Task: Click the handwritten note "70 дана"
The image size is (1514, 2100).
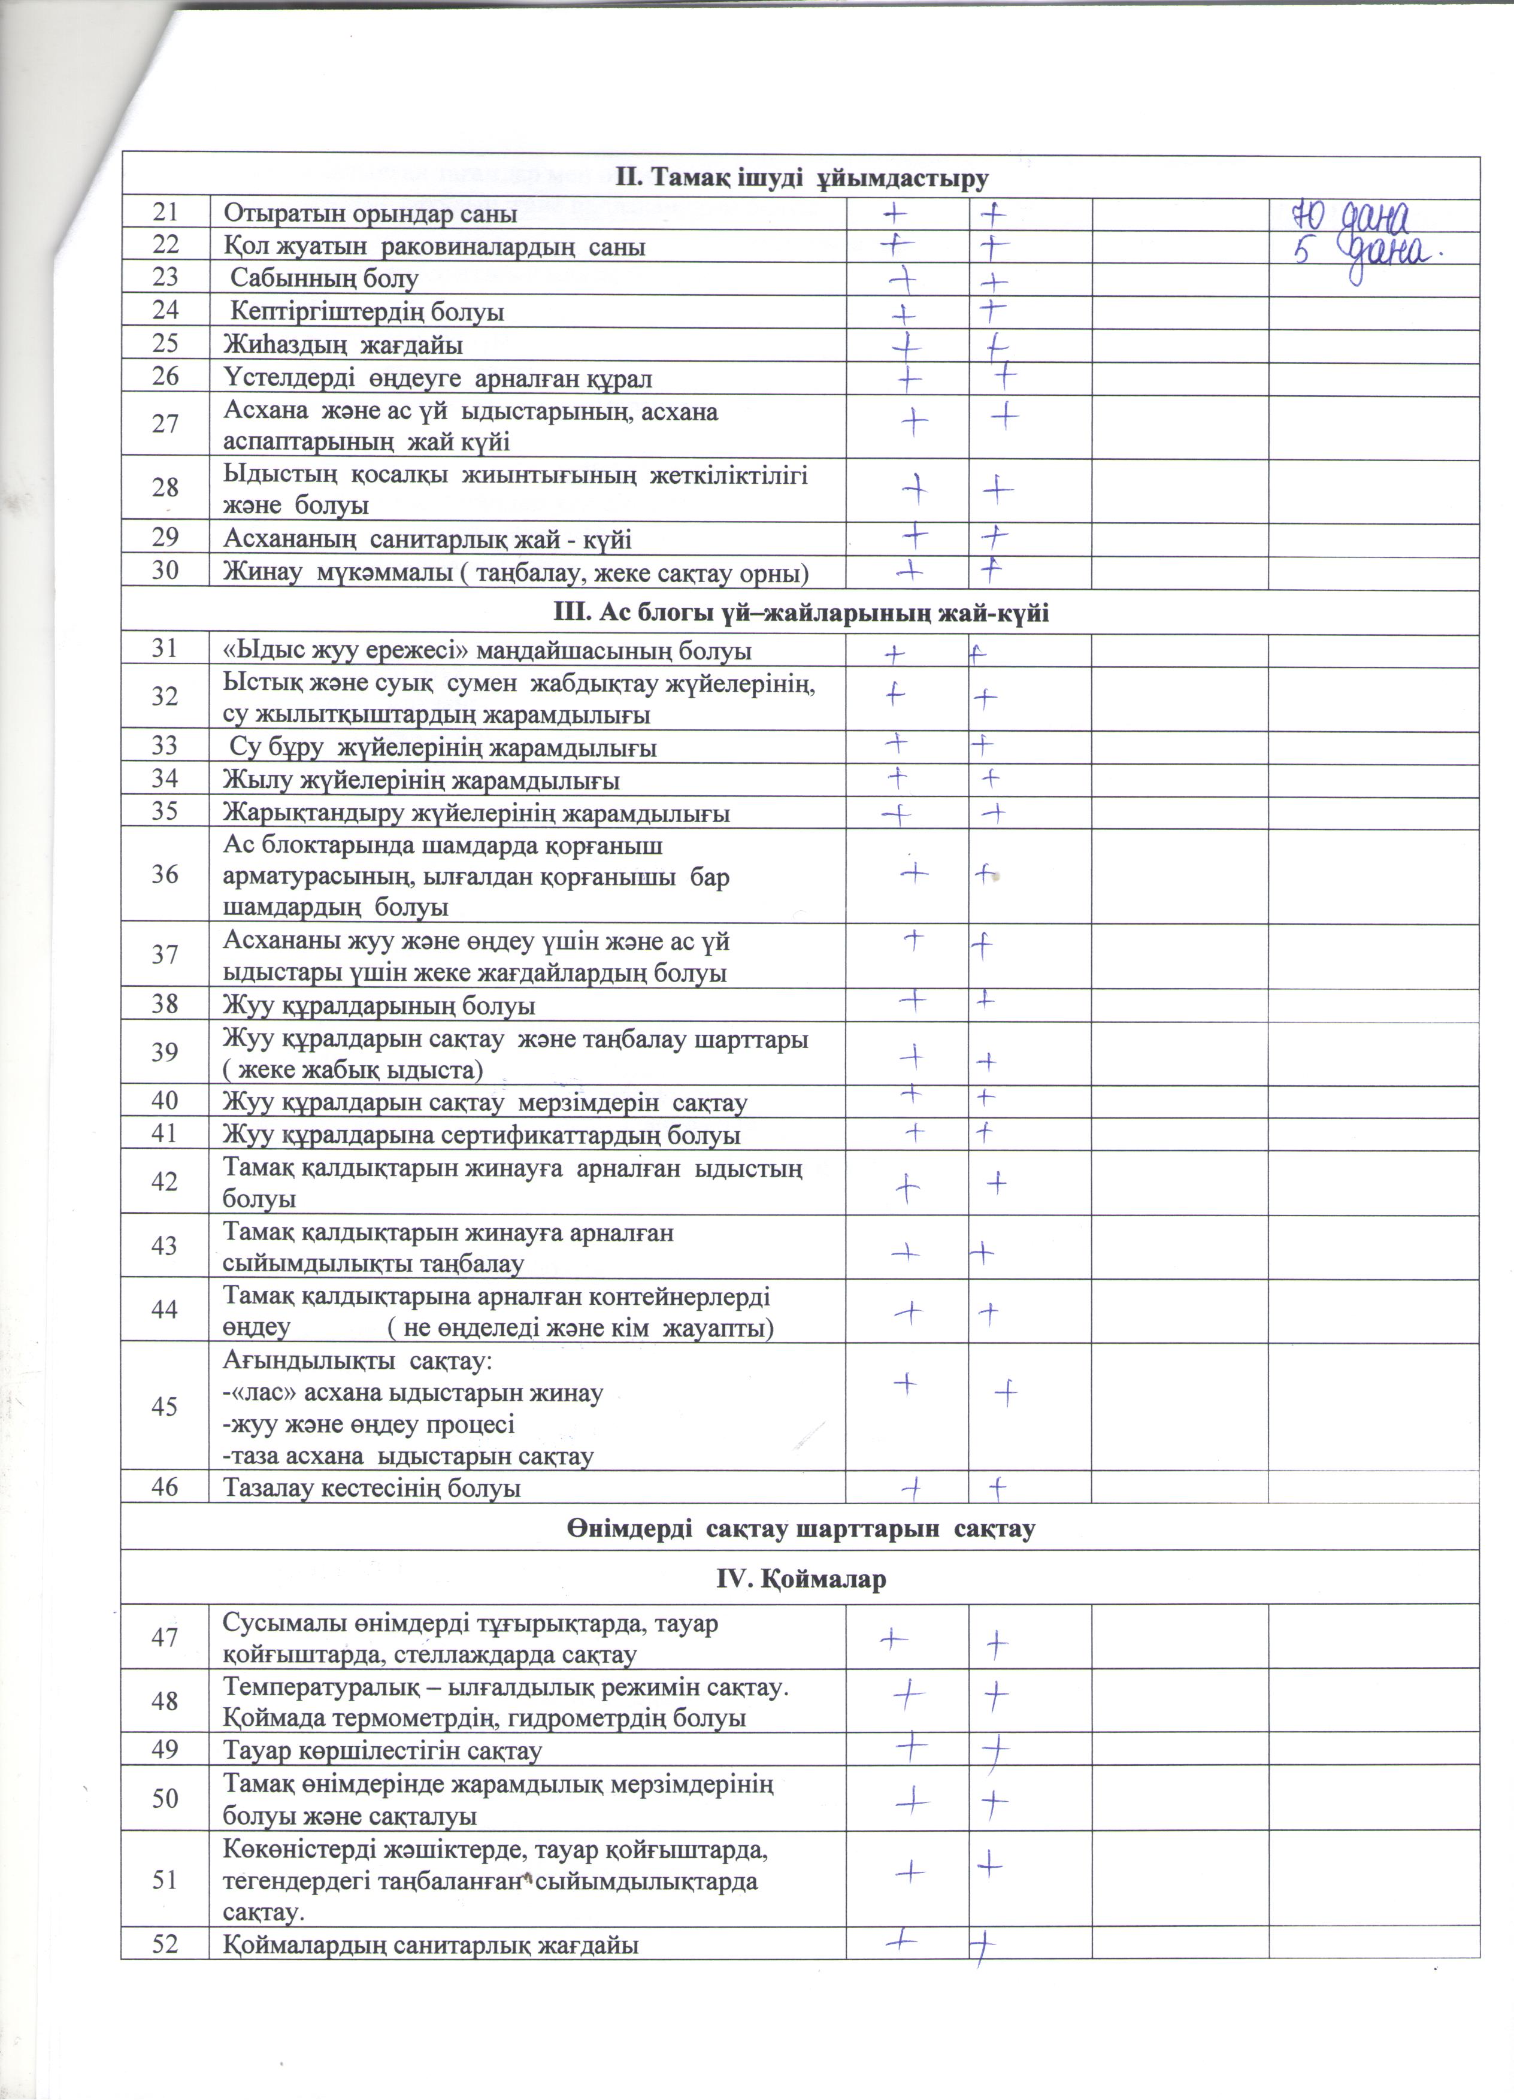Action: (1349, 219)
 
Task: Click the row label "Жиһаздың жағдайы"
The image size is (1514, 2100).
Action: (343, 346)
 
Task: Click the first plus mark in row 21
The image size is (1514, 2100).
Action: (895, 214)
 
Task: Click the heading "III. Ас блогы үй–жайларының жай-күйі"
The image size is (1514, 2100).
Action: (801, 613)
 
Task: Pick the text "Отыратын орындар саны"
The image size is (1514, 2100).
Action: (370, 214)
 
